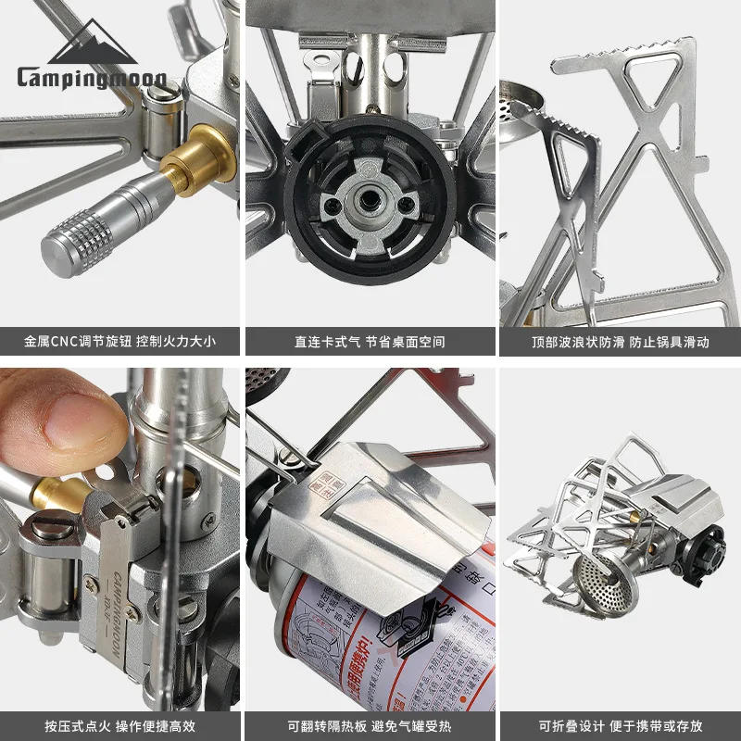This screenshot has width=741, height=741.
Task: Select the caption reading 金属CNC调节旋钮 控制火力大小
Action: tap(120, 342)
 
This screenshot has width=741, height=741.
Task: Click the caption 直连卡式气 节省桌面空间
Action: tap(370, 342)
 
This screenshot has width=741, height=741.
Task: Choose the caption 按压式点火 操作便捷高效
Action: tap(120, 725)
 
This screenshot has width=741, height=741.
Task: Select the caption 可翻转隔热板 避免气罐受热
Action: tap(370, 725)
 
